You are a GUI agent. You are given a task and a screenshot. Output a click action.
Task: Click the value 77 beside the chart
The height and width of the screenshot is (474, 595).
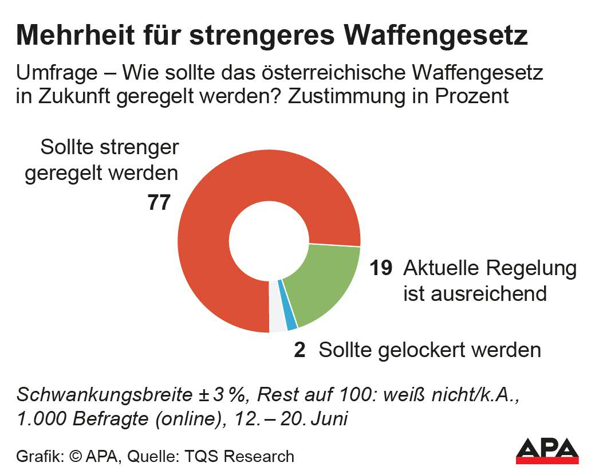pos(159,203)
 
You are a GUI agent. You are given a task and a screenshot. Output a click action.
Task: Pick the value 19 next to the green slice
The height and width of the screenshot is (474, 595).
pos(381,268)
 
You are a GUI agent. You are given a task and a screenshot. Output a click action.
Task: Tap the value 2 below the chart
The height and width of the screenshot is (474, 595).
pos(300,350)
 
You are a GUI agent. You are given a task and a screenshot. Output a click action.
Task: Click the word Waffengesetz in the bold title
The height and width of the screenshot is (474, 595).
pos(435,36)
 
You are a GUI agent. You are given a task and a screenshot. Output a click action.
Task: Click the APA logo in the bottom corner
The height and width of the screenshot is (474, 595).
pos(547,451)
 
